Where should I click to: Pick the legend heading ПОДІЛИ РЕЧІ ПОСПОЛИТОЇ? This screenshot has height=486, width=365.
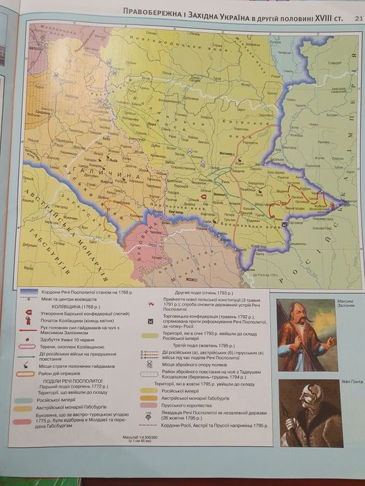point(70,381)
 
